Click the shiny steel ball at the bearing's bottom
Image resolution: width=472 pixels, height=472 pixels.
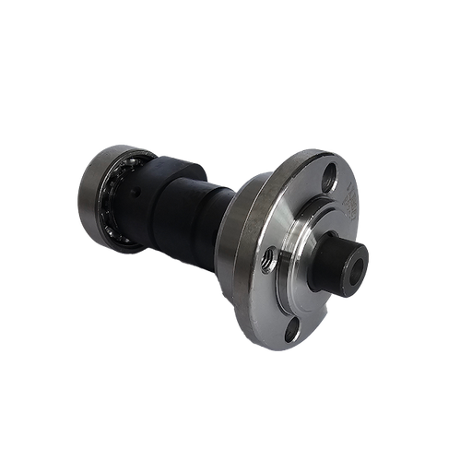(124, 242)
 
